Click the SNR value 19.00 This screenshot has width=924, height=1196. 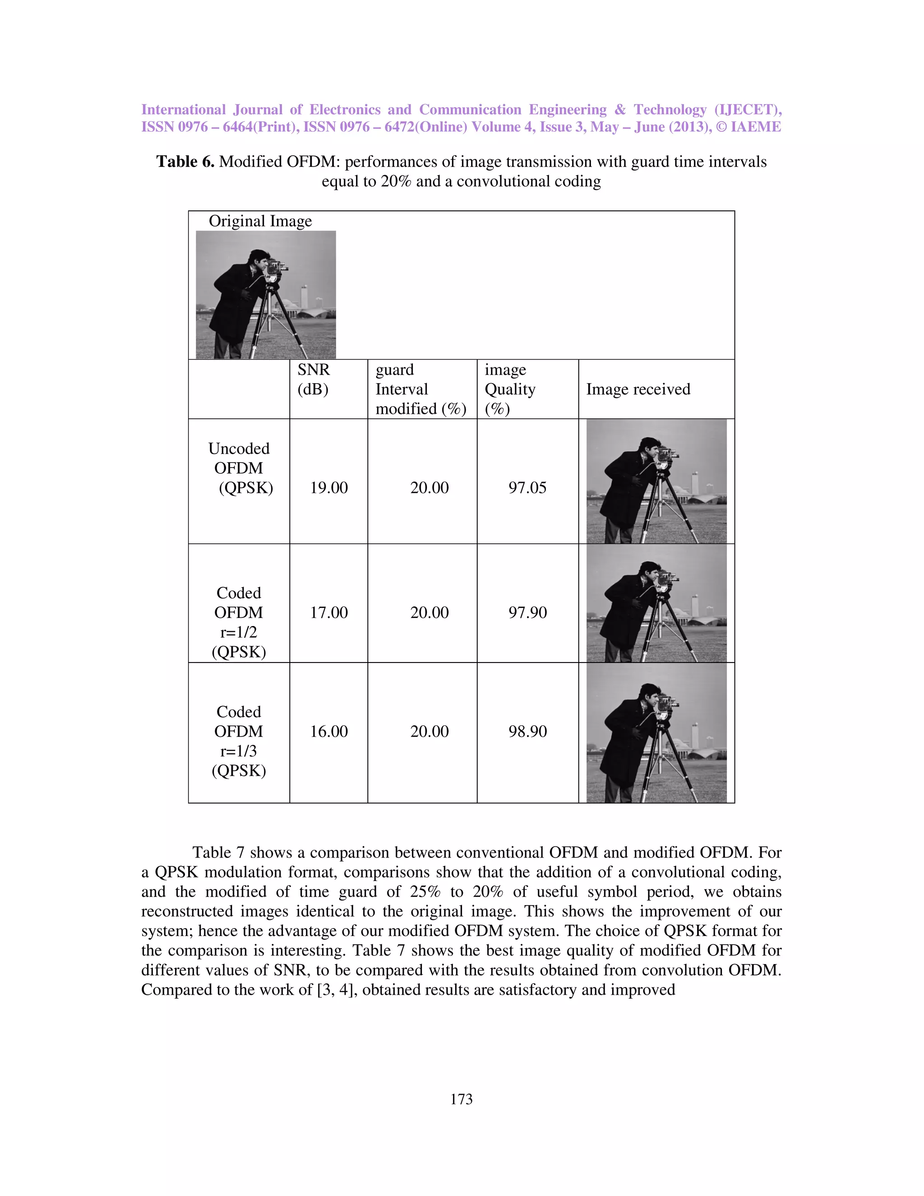(x=328, y=487)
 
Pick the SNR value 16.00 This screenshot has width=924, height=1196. (x=328, y=731)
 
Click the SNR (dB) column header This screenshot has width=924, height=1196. (x=313, y=379)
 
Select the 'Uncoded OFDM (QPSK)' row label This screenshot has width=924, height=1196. (x=239, y=468)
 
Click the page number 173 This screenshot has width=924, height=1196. (x=461, y=1099)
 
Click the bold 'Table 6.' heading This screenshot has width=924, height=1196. (x=185, y=162)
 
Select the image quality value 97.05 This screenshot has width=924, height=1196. (x=527, y=487)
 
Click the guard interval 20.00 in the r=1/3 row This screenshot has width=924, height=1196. (x=429, y=731)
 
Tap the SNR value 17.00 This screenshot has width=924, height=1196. (x=328, y=612)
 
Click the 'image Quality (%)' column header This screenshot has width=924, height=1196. (x=510, y=389)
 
